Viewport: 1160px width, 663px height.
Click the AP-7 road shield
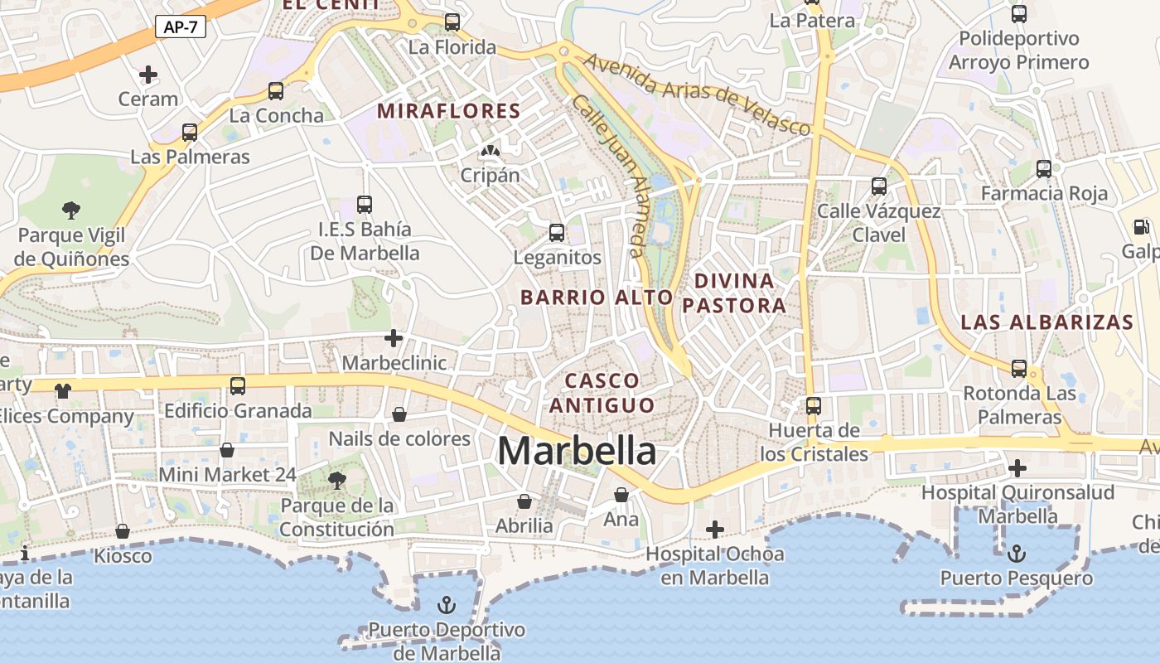pyautogui.click(x=180, y=27)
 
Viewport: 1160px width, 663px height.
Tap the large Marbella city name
pyautogui.click(x=577, y=451)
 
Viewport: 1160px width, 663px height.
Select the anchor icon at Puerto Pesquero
pyautogui.click(x=1017, y=554)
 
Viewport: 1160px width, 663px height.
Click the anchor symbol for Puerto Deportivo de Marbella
pyautogui.click(x=447, y=605)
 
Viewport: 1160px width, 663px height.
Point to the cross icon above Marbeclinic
pyautogui.click(x=394, y=338)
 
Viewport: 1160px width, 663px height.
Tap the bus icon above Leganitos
pyautogui.click(x=557, y=233)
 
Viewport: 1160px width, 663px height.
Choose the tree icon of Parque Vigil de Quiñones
pyautogui.click(x=71, y=211)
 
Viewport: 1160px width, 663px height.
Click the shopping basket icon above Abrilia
pyautogui.click(x=524, y=501)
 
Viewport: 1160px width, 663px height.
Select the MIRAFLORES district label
pyautogui.click(x=448, y=111)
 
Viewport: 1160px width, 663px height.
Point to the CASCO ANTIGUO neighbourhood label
pyautogui.click(x=602, y=393)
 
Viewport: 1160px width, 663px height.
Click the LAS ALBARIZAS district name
pyautogui.click(x=1046, y=322)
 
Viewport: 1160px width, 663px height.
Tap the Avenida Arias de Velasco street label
pyautogui.click(x=696, y=94)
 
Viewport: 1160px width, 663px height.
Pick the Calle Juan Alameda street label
pyautogui.click(x=609, y=174)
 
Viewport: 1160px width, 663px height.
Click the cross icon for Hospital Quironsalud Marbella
pyautogui.click(x=1017, y=468)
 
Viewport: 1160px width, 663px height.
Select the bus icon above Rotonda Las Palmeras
pyautogui.click(x=1019, y=369)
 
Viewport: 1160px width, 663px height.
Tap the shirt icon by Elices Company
pyautogui.click(x=63, y=390)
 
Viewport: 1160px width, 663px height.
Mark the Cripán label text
pyautogui.click(x=491, y=175)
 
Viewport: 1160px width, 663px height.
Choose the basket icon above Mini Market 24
pyautogui.click(x=227, y=450)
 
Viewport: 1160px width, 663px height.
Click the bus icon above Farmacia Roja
pyautogui.click(x=1044, y=169)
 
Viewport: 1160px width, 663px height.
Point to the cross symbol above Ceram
pyautogui.click(x=148, y=75)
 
